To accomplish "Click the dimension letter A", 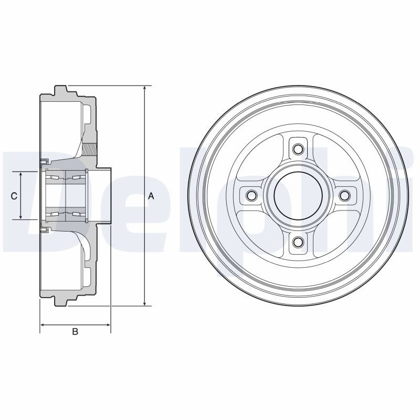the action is coord(151,196).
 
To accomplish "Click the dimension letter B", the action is coord(75,332).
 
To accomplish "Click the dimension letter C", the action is coord(14,196).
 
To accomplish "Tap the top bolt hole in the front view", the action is coord(298,149).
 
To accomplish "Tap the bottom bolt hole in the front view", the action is coord(298,242).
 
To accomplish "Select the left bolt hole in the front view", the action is coord(251,195).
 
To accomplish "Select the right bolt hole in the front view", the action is coord(345,195).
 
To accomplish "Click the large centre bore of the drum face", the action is coord(298,195).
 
